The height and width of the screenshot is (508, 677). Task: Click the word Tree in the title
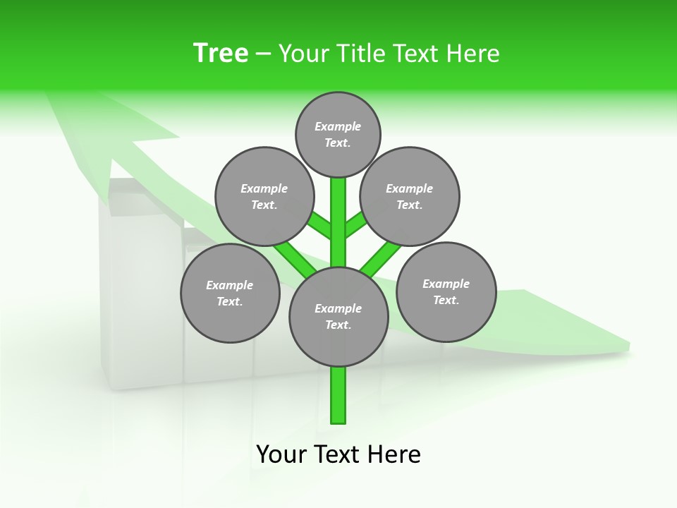point(221,53)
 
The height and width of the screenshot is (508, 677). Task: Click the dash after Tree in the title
point(264,54)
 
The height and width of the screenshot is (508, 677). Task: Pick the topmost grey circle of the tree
point(338,134)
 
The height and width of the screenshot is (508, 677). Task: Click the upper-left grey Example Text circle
point(264,196)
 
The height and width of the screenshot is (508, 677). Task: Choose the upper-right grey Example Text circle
point(409,196)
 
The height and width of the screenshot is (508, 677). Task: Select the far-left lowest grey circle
point(230,293)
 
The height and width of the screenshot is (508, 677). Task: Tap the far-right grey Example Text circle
point(446,291)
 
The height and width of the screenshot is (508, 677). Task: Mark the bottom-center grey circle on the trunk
point(338,317)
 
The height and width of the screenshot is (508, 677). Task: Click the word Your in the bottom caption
point(280,454)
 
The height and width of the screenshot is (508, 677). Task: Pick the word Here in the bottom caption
point(395,454)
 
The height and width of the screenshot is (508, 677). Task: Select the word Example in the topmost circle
point(338,126)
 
